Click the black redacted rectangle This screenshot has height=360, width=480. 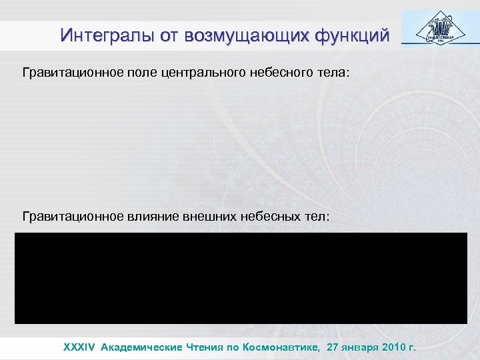(x=240, y=278)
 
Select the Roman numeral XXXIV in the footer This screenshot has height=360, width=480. (x=79, y=347)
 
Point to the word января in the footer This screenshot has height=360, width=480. (x=365, y=347)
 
